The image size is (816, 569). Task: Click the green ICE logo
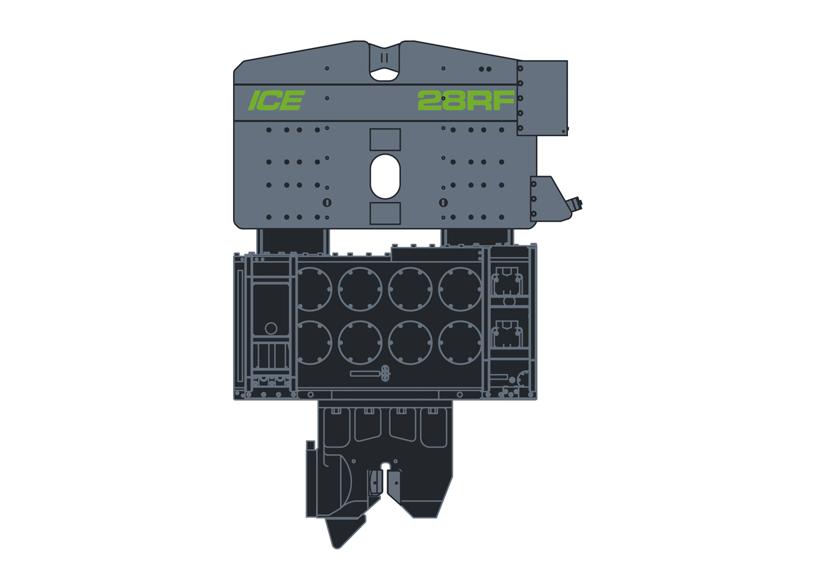coord(276,100)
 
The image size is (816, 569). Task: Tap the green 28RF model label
coord(466,100)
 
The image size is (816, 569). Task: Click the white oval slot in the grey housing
coord(385,176)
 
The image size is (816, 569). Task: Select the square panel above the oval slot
coord(385,140)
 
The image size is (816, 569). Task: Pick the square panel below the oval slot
coord(385,214)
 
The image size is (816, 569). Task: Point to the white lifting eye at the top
coord(384,74)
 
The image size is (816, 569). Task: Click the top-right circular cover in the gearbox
coord(460,289)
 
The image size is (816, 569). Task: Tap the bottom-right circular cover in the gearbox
coord(460,343)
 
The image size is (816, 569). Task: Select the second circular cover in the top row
coord(360,289)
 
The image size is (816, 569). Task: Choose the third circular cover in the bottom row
coord(410,343)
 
